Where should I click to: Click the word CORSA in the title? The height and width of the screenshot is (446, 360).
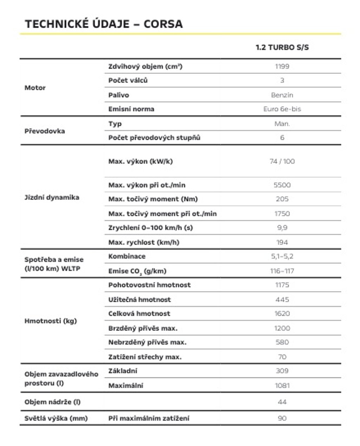pos(163,24)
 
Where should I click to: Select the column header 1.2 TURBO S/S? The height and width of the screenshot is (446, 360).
pos(282,47)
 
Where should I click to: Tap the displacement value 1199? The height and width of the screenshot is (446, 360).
pos(282,66)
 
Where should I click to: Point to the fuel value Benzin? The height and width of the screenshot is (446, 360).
pos(282,95)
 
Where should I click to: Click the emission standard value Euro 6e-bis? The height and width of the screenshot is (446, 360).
pos(282,109)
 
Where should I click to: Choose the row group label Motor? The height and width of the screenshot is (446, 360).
pos(35,88)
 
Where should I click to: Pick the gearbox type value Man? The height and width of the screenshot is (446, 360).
pos(282,124)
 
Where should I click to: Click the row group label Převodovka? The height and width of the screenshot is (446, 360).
pos(45,131)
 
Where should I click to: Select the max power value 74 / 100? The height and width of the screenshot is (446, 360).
pos(282,161)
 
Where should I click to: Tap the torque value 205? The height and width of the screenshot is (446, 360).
pos(282,199)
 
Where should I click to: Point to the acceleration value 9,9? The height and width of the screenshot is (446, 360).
pos(282,228)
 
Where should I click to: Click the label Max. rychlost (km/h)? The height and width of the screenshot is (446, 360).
pos(144,242)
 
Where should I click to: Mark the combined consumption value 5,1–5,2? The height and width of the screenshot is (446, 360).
pos(282,256)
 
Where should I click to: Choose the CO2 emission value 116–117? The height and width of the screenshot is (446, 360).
pos(282,271)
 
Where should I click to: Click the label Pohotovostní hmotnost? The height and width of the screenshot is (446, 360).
pos(149,285)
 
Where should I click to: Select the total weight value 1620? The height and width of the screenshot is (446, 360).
pos(282,313)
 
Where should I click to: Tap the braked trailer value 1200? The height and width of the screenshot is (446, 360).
pos(282,328)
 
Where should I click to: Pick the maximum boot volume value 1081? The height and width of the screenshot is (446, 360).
pos(282,386)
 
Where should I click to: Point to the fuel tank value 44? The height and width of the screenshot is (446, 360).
pos(282,402)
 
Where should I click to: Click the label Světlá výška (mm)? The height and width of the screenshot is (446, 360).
pos(56,418)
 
